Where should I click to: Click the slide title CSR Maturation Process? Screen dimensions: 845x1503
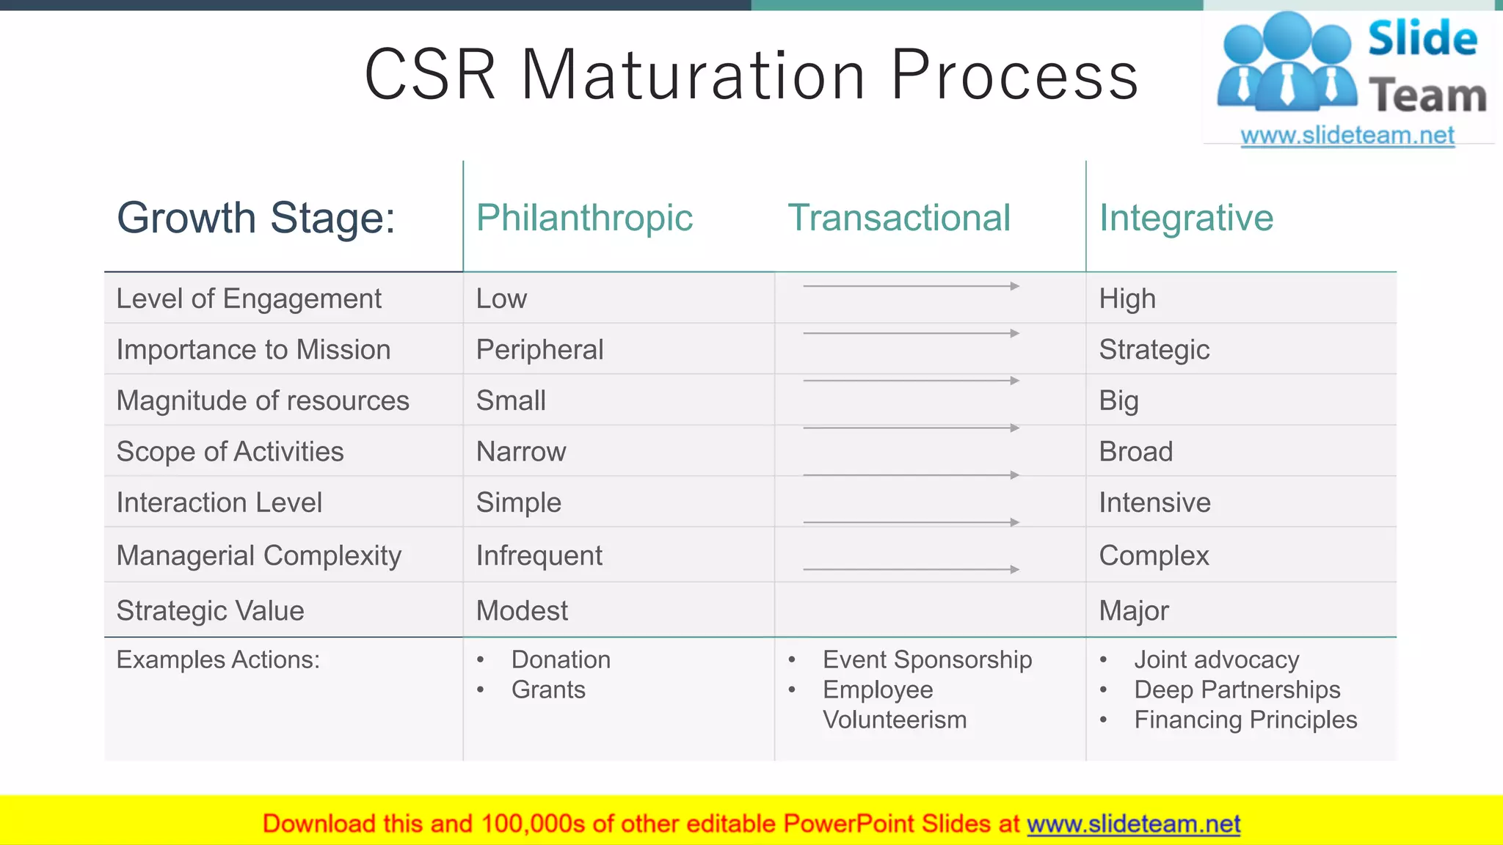pyautogui.click(x=751, y=75)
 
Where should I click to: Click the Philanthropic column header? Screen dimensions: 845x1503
pyautogui.click(x=584, y=218)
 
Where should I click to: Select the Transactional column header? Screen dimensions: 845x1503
pyautogui.click(x=898, y=218)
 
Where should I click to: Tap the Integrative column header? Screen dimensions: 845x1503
pyautogui.click(x=1185, y=218)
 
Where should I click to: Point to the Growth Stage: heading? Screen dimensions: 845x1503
pyautogui.click(x=256, y=218)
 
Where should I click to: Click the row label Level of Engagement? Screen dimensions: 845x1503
pyautogui.click(x=249, y=299)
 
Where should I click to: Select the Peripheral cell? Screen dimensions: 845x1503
pyautogui.click(x=539, y=349)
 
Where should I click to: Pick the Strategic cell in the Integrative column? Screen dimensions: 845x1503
pyautogui.click(x=1154, y=349)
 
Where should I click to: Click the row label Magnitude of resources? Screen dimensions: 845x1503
pyautogui.click(x=263, y=400)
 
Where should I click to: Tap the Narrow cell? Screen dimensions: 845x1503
pyautogui.click(x=521, y=451)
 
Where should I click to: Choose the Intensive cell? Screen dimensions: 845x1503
pyautogui.click(x=1154, y=502)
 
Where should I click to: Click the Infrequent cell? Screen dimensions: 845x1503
pyautogui.click(x=539, y=555)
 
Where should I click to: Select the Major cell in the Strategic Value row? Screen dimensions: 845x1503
pyautogui.click(x=1133, y=610)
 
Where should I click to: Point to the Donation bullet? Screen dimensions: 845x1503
pyautogui.click(x=561, y=659)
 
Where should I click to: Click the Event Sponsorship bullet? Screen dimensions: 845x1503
pyautogui.click(x=927, y=659)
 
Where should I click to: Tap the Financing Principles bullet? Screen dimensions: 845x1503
pyautogui.click(x=1245, y=720)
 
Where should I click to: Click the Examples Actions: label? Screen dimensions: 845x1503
pyautogui.click(x=218, y=659)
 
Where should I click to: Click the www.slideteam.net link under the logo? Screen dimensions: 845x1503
pyautogui.click(x=1347, y=135)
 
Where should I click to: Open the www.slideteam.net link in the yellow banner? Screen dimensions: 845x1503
pyautogui.click(x=1133, y=824)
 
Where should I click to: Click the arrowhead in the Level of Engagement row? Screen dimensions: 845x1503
pyautogui.click(x=1015, y=286)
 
